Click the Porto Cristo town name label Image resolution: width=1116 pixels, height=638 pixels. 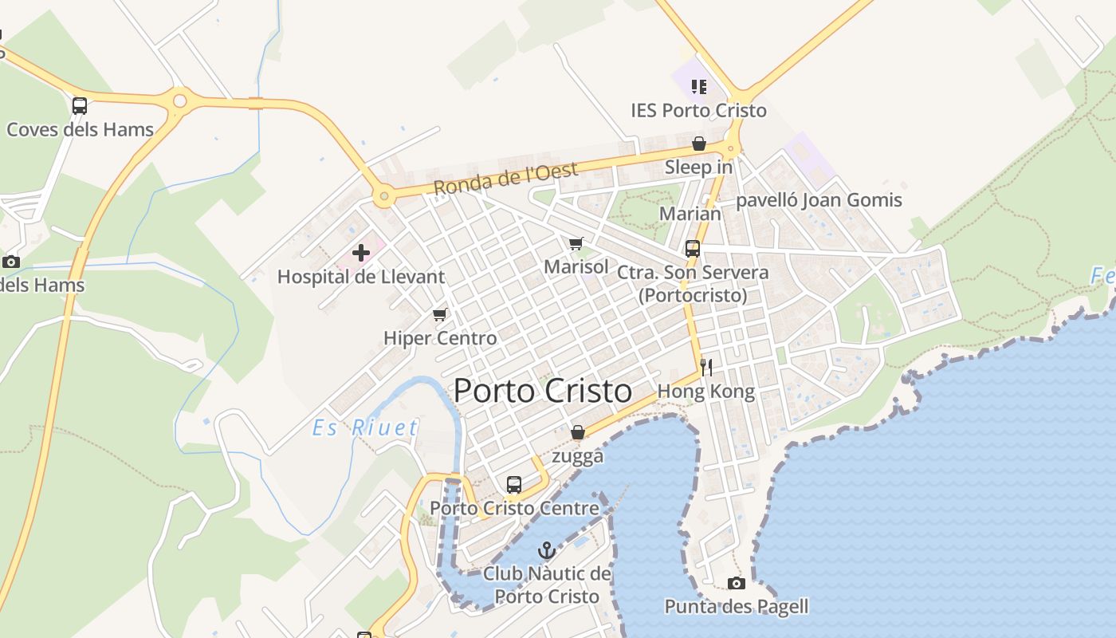(543, 391)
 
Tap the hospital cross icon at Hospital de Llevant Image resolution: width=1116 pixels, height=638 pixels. (361, 253)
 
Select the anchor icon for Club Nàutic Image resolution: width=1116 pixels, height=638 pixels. (547, 549)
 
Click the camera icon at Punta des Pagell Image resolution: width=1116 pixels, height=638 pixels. (737, 583)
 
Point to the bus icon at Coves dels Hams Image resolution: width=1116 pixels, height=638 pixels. (80, 105)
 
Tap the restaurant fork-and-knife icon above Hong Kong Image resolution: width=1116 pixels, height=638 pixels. (705, 367)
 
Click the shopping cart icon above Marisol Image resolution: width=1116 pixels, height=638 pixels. (576, 243)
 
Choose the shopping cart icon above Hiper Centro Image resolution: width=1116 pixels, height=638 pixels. (439, 314)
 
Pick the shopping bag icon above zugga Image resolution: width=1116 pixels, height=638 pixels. (578, 432)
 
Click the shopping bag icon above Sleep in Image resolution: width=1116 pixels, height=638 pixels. (699, 144)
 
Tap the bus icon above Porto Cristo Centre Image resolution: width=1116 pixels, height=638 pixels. (514, 484)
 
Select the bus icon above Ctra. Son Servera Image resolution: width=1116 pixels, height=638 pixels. (693, 248)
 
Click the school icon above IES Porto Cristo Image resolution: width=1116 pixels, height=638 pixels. (699, 86)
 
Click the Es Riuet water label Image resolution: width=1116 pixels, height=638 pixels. (365, 427)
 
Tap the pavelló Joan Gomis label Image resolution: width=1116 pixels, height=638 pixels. (819, 199)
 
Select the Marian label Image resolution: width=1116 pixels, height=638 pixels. (690, 213)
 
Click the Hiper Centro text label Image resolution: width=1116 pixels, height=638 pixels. (440, 337)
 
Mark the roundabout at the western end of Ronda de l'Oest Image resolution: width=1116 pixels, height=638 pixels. (384, 195)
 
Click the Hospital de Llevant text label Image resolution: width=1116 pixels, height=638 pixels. (361, 277)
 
